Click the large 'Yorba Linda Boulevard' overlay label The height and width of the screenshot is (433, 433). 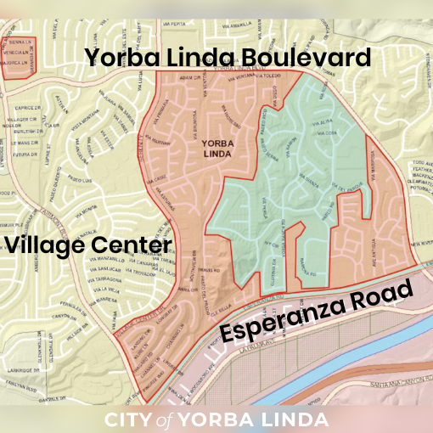228,58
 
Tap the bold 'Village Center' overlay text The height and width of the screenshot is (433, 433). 88,245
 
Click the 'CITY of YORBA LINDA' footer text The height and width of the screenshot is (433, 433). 216,419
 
